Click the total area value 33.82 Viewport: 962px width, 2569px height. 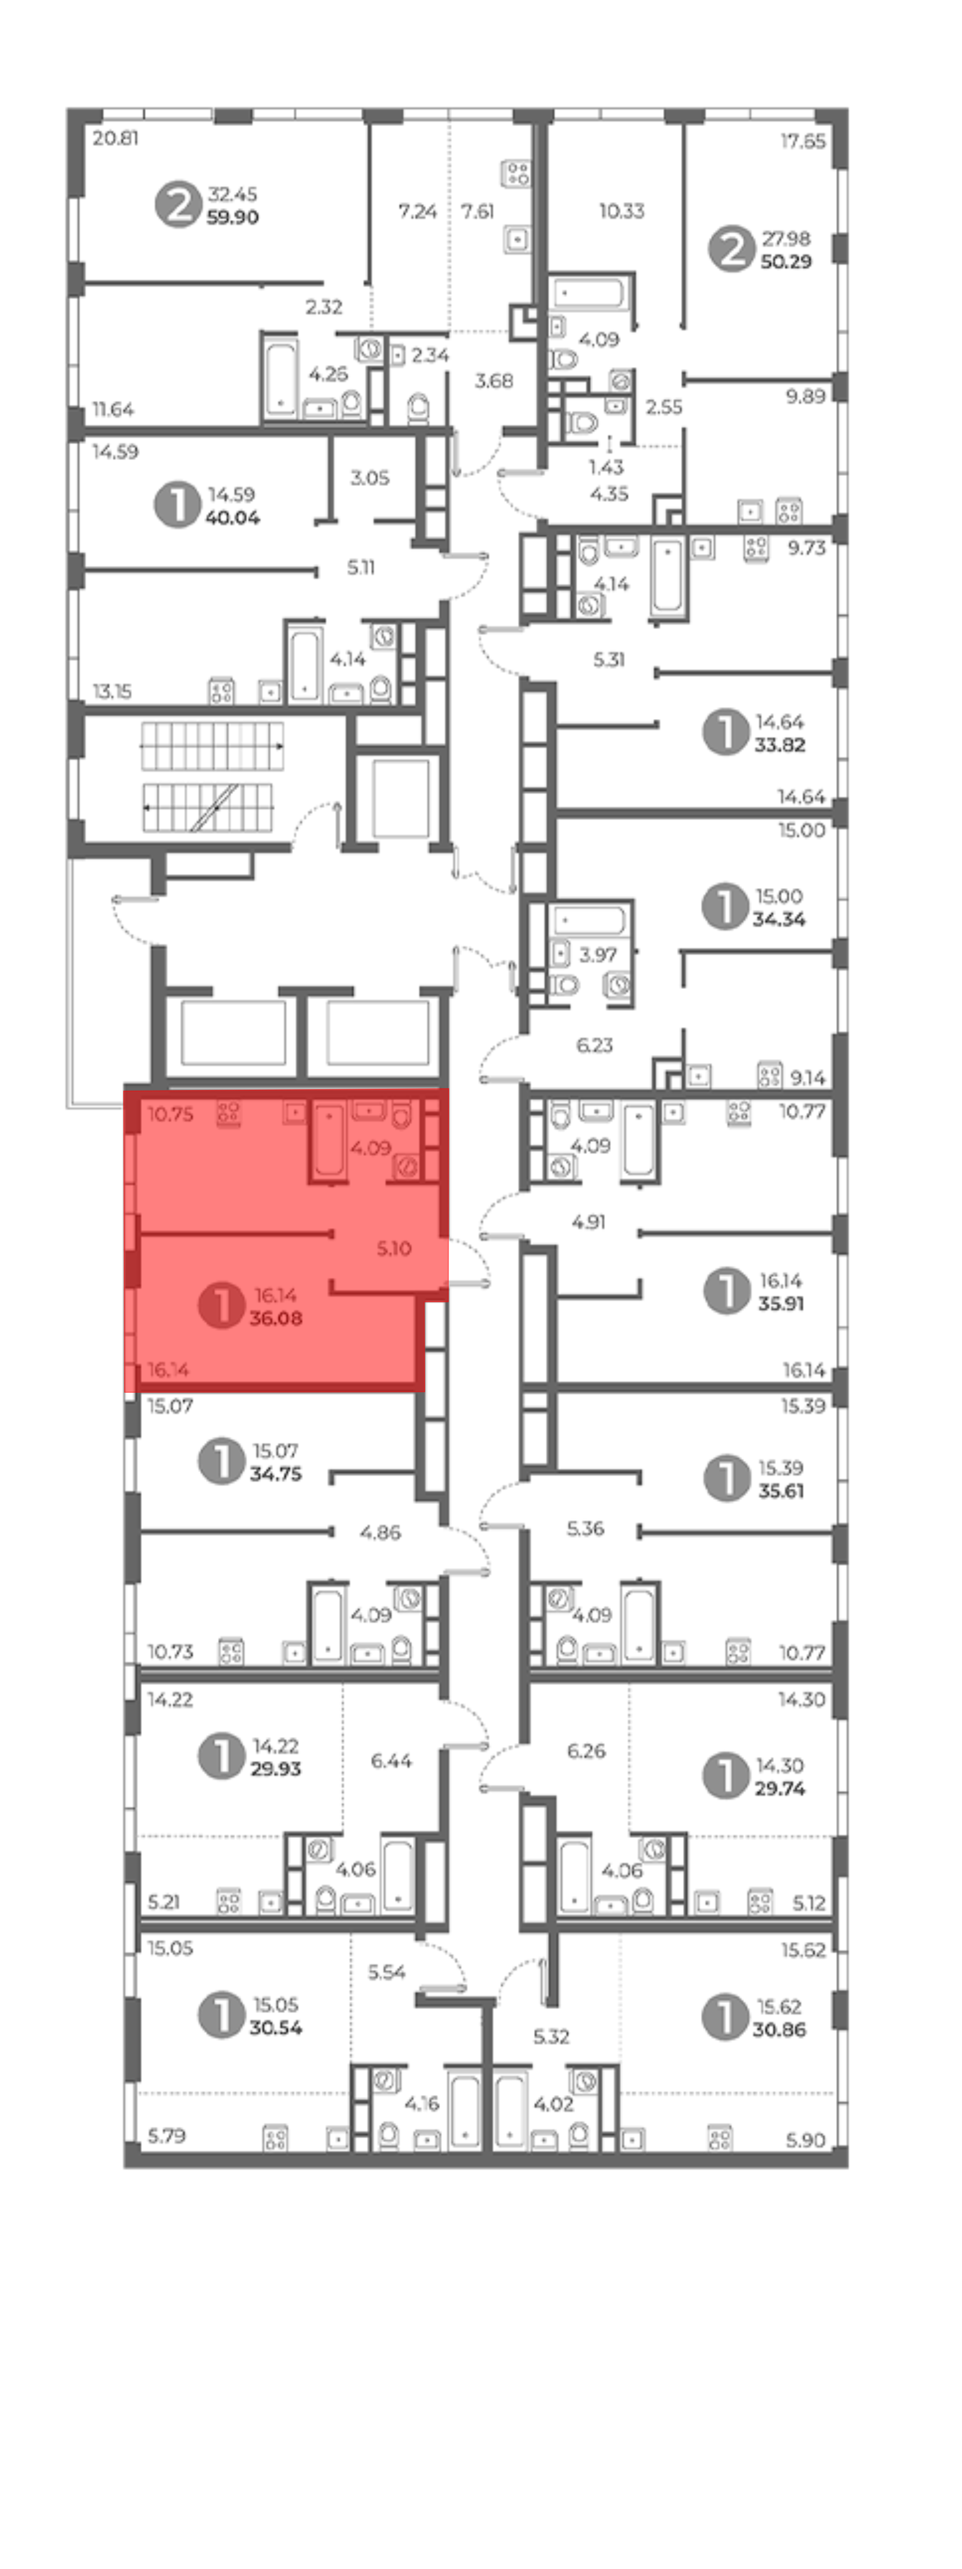point(780,745)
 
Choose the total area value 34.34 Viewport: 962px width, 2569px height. point(779,920)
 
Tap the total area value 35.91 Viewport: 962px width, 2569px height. point(781,1303)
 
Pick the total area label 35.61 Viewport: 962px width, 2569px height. point(781,1491)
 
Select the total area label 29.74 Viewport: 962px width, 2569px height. point(780,1788)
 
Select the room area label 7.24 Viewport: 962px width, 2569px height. point(418,211)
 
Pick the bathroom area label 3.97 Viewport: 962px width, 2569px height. point(598,954)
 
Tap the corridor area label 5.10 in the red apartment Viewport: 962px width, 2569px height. point(394,1248)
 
